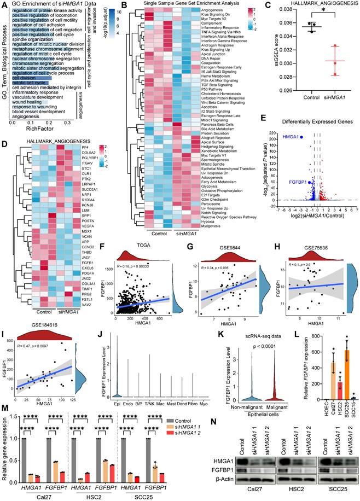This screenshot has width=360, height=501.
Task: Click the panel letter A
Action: [x=4, y=4]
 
